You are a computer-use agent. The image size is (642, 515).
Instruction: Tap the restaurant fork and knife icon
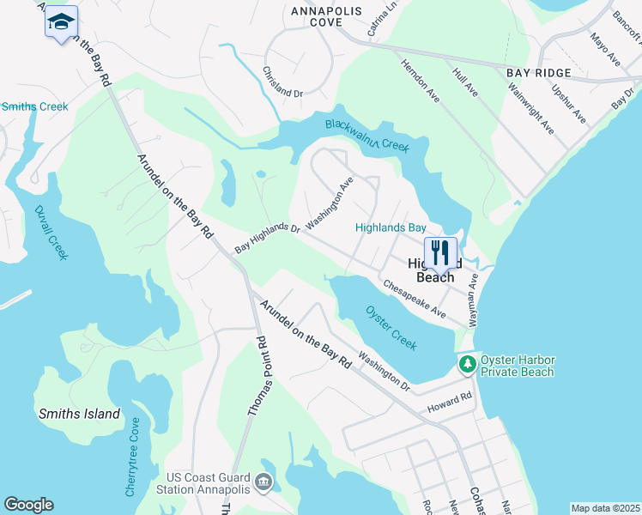(440, 252)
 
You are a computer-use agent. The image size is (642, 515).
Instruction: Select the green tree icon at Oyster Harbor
(468, 365)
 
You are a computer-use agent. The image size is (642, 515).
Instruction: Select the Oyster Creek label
(391, 327)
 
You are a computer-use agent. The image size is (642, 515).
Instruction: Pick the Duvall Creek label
(51, 233)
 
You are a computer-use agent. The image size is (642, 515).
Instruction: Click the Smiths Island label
(79, 414)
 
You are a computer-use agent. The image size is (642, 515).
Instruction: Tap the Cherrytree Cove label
(132, 457)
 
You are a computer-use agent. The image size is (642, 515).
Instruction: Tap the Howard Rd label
(453, 399)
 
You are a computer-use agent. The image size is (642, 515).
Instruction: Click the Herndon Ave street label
(421, 81)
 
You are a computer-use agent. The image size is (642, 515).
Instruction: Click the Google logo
(28, 505)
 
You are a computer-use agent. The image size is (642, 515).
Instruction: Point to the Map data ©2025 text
(605, 508)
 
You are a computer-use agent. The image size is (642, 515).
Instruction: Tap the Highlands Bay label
(391, 227)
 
